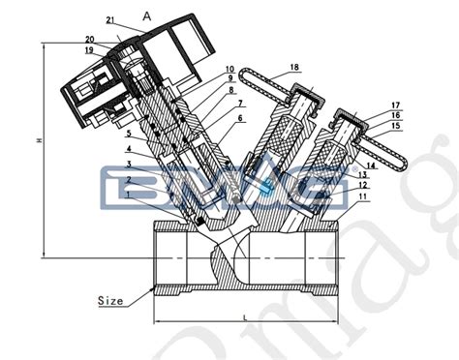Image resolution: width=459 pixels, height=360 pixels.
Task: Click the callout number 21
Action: tap(110, 19)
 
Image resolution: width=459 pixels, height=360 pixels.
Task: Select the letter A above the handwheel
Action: tap(147, 15)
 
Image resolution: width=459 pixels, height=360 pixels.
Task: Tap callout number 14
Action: tap(369, 165)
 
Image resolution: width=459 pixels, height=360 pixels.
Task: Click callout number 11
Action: tap(362, 196)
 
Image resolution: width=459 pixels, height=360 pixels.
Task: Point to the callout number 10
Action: tap(229, 70)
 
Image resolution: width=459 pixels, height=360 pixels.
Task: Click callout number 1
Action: tap(128, 196)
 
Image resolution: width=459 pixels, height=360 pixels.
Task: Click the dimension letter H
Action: tap(39, 141)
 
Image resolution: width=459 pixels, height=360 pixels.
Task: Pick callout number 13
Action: tap(362, 175)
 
